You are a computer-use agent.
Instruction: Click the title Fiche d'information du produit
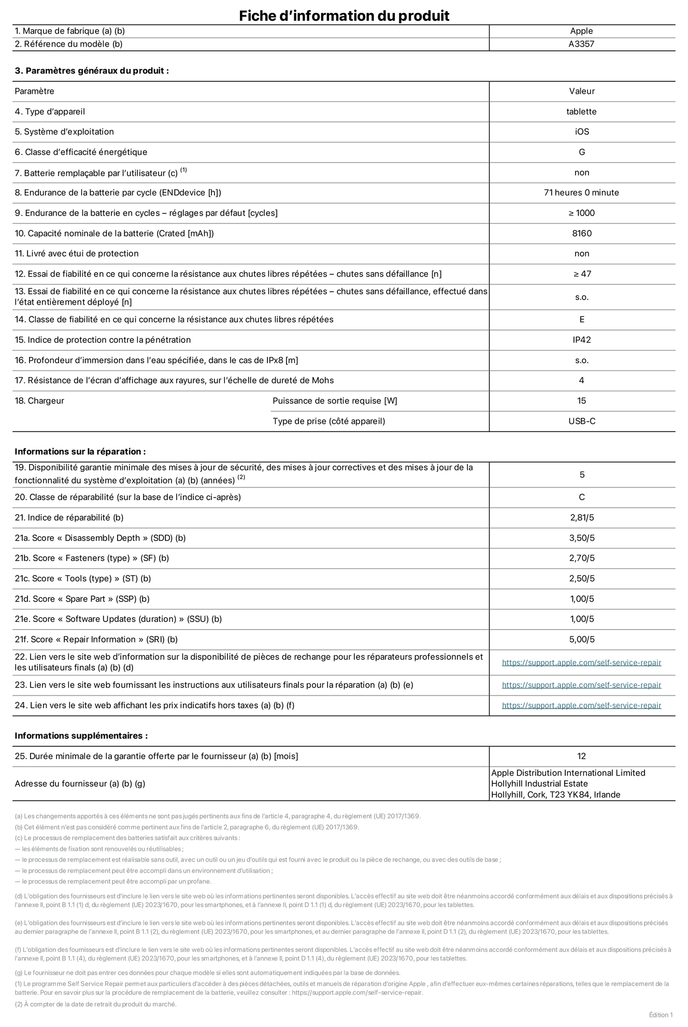(344, 16)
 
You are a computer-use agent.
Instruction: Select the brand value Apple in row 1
(581, 31)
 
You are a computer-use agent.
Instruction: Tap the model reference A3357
(581, 44)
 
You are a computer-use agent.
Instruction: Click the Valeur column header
(582, 91)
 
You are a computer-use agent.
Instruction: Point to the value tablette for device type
(581, 111)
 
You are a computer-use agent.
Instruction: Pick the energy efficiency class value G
(582, 152)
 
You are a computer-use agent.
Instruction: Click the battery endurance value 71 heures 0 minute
(581, 193)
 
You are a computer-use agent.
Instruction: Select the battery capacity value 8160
(582, 233)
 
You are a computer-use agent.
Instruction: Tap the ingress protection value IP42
(582, 340)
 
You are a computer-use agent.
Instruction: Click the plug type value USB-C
(582, 421)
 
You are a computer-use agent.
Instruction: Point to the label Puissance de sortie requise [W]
(335, 401)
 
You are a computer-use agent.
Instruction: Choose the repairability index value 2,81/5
(582, 518)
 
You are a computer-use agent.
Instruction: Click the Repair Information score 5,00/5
(582, 639)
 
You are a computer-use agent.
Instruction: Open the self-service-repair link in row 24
(581, 705)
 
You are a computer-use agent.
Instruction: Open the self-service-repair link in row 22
(581, 663)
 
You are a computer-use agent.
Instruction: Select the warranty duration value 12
(581, 757)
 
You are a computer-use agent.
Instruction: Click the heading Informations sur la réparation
(80, 451)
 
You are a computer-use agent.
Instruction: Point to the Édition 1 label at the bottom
(661, 1015)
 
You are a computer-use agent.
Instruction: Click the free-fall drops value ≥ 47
(582, 274)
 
